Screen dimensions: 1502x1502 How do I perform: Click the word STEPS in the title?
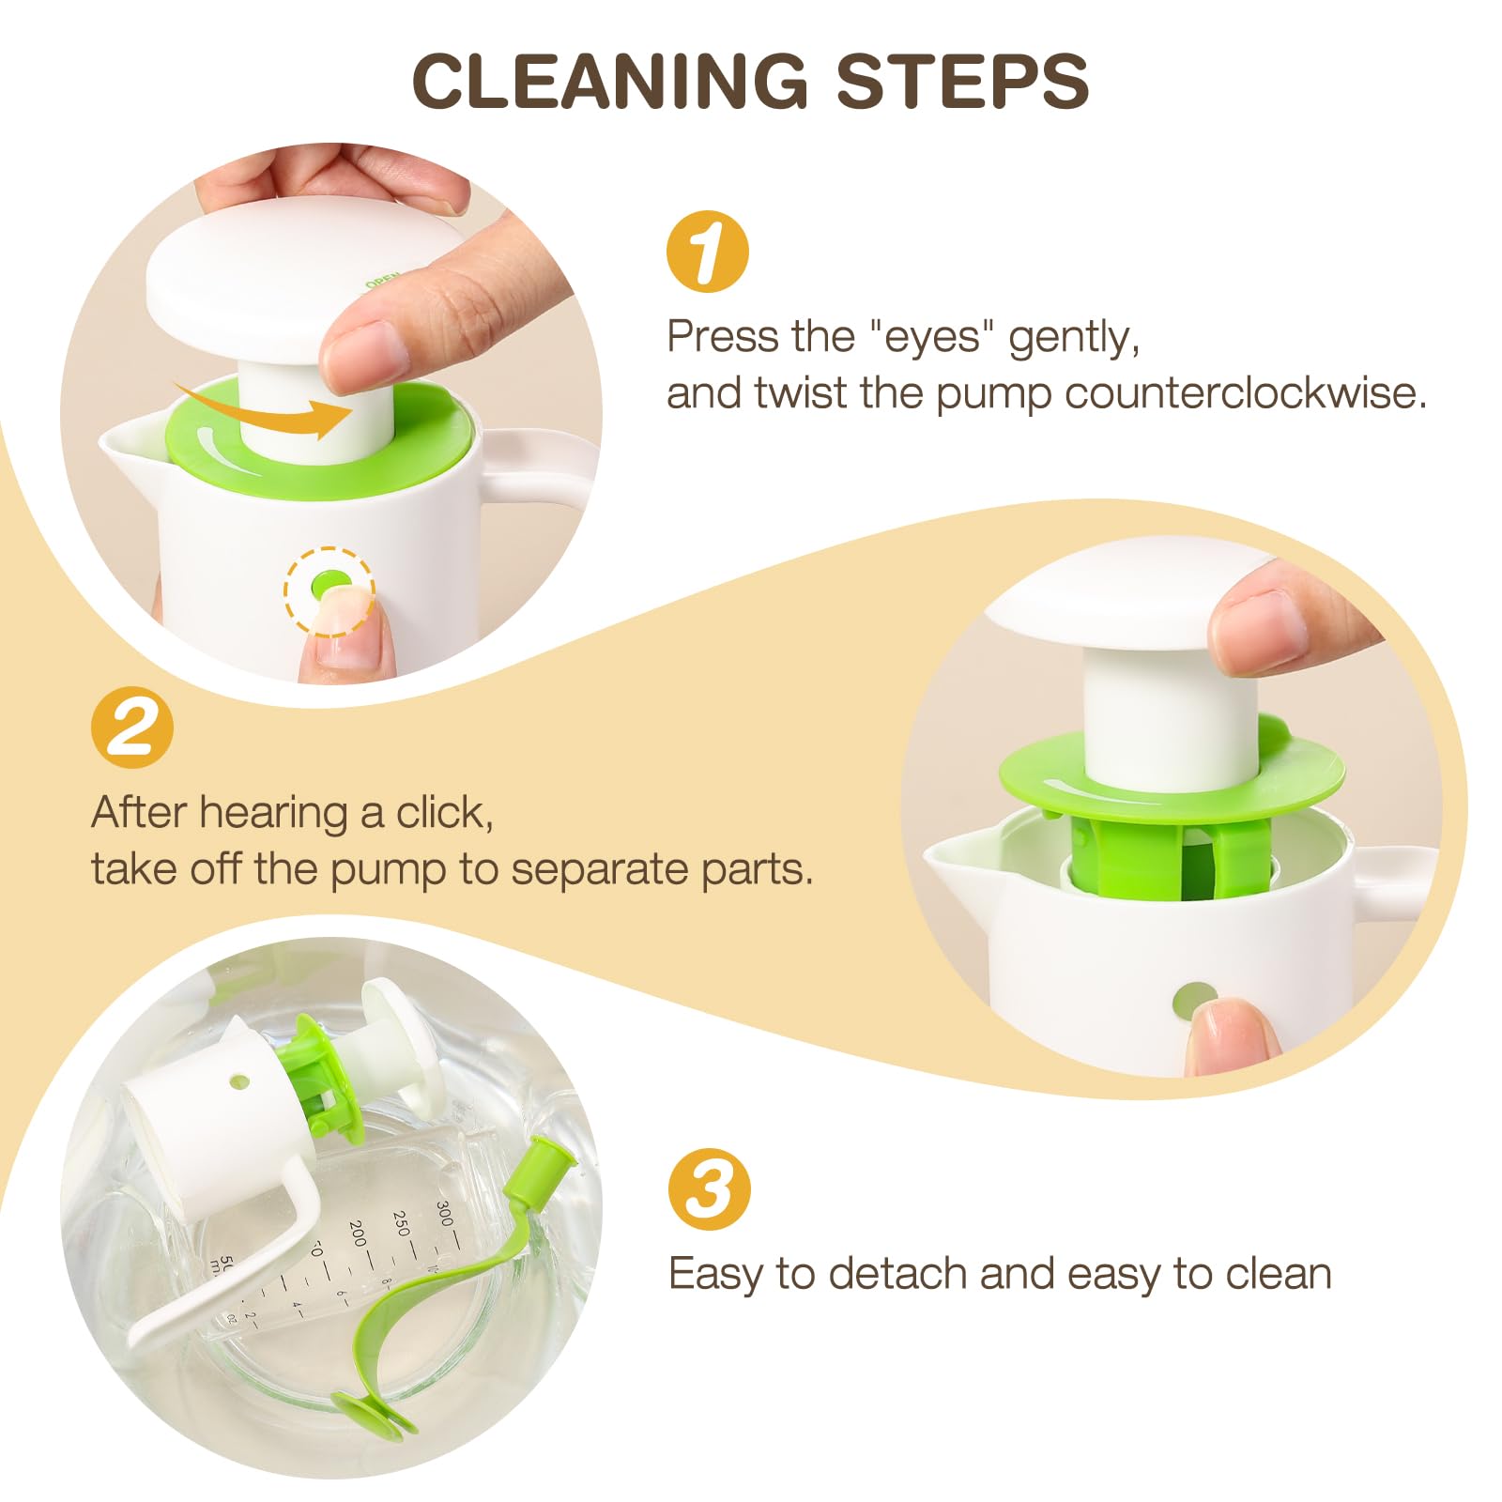click(962, 81)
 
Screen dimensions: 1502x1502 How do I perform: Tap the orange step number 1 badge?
click(707, 251)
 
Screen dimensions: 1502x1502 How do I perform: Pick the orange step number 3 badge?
click(709, 1188)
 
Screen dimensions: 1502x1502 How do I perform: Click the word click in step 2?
click(443, 813)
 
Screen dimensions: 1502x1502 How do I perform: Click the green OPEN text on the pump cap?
click(382, 281)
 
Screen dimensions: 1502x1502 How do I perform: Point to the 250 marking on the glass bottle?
click(403, 1224)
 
